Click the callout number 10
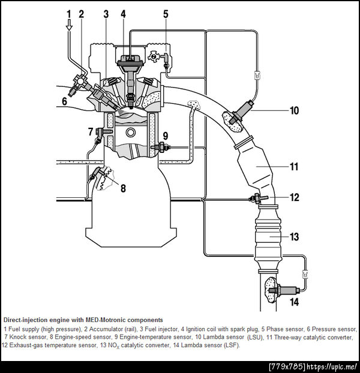(294, 110)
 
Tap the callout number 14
(295, 302)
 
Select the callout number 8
(123, 188)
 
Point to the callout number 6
(64, 101)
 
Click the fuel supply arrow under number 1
(69, 25)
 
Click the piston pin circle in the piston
(131, 133)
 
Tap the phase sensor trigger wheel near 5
(153, 56)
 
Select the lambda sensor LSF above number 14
(284, 290)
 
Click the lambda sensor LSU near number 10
(242, 112)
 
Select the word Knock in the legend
(18, 337)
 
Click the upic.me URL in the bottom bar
(332, 366)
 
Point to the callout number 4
(123, 14)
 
